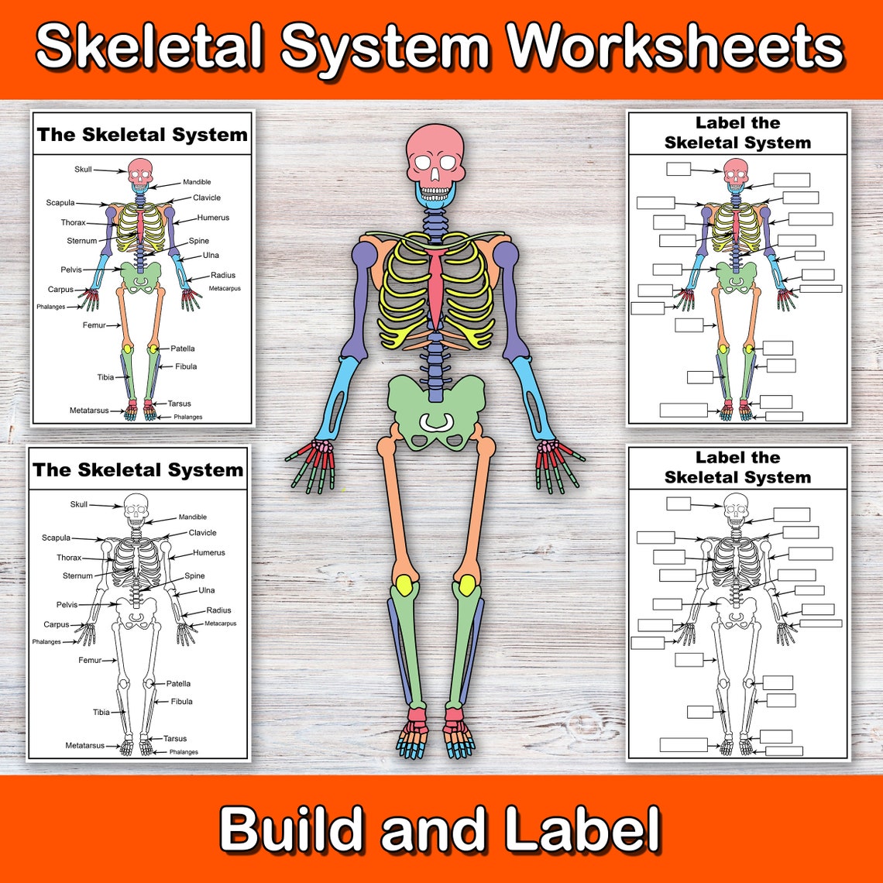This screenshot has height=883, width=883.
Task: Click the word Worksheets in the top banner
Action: pos(675,48)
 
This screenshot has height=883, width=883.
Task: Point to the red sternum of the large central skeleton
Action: pos(437,287)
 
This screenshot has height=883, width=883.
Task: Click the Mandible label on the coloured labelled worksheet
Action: pos(197,182)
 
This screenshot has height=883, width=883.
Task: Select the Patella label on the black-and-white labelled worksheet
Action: pos(178,684)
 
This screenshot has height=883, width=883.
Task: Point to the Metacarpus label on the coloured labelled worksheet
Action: pos(225,288)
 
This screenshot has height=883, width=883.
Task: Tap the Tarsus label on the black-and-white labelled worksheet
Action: pos(175,738)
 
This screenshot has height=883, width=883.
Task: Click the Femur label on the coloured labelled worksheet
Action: pos(94,325)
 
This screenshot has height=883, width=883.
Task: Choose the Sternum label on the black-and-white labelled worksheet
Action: pos(77,575)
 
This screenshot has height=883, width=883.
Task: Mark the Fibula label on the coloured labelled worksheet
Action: pos(186,366)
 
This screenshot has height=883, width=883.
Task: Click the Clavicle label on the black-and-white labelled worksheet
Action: pos(202,533)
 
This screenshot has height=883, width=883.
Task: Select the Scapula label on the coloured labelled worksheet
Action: pos(60,203)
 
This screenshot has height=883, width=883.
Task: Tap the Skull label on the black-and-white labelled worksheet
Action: pos(79,504)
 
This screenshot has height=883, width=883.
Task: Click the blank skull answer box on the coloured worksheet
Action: pos(679,169)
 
